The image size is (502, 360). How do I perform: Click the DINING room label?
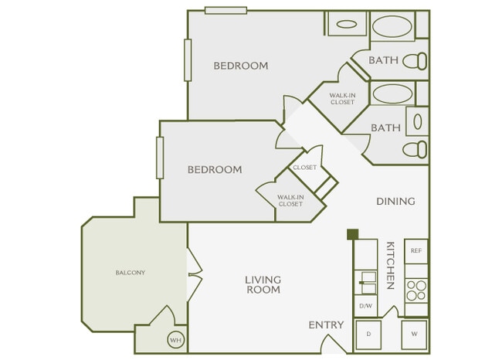click(x=395, y=201)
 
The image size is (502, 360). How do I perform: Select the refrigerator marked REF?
click(x=416, y=251)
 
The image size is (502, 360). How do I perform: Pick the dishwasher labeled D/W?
click(x=365, y=306)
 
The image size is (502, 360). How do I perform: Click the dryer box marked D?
click(x=368, y=335)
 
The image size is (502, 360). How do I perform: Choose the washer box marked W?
click(x=415, y=335)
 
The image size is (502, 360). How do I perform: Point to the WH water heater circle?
click(x=175, y=340)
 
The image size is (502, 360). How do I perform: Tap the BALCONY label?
click(x=131, y=272)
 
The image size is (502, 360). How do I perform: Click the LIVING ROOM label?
click(x=263, y=284)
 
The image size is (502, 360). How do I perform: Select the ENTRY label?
click(x=325, y=325)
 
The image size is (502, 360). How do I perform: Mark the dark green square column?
click(x=352, y=234)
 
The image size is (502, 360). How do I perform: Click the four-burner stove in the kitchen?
click(x=416, y=290)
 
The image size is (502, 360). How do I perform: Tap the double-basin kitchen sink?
click(x=365, y=282)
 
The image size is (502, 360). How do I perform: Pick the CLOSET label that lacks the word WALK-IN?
click(x=304, y=168)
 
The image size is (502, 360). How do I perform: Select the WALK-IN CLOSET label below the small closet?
click(x=290, y=201)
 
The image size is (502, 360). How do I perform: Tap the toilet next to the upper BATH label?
click(x=418, y=60)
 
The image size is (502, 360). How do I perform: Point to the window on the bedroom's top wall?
click(x=226, y=10)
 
